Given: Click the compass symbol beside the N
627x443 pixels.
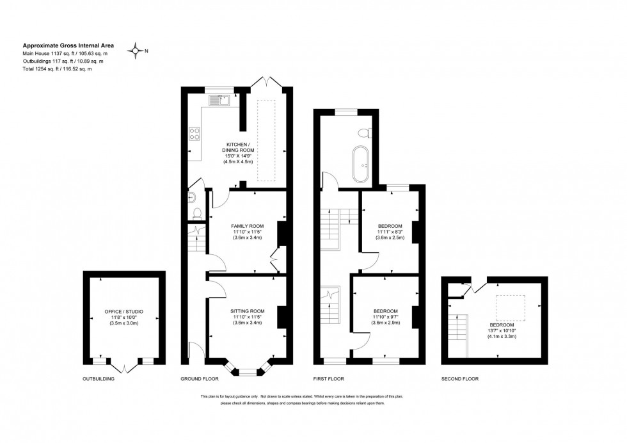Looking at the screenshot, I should coord(136,51).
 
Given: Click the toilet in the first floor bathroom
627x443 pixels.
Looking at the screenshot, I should coord(364,133).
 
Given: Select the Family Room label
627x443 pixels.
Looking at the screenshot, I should coord(247,226).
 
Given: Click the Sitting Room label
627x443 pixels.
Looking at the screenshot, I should coord(247,310).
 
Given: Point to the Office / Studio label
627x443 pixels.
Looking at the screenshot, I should coord(124,312).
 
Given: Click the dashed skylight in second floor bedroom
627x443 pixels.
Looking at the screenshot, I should coord(511,305).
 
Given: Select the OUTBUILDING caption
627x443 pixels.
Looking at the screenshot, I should coord(99,379).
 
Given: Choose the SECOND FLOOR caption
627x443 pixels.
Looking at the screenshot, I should coord(459,379).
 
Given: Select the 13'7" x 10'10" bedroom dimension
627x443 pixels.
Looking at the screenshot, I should coord(502,330).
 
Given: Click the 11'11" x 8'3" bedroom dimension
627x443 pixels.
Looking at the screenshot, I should coord(390,232).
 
